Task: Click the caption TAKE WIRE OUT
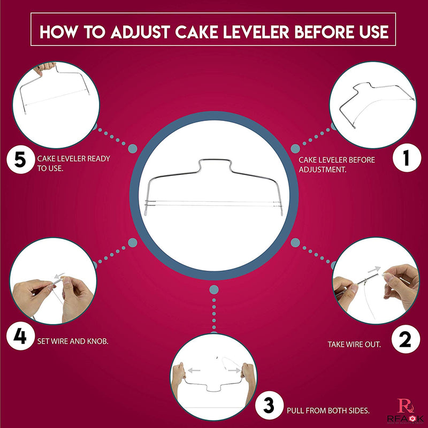354,345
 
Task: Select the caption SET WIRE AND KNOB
73,340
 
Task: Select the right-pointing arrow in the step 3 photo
233,369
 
